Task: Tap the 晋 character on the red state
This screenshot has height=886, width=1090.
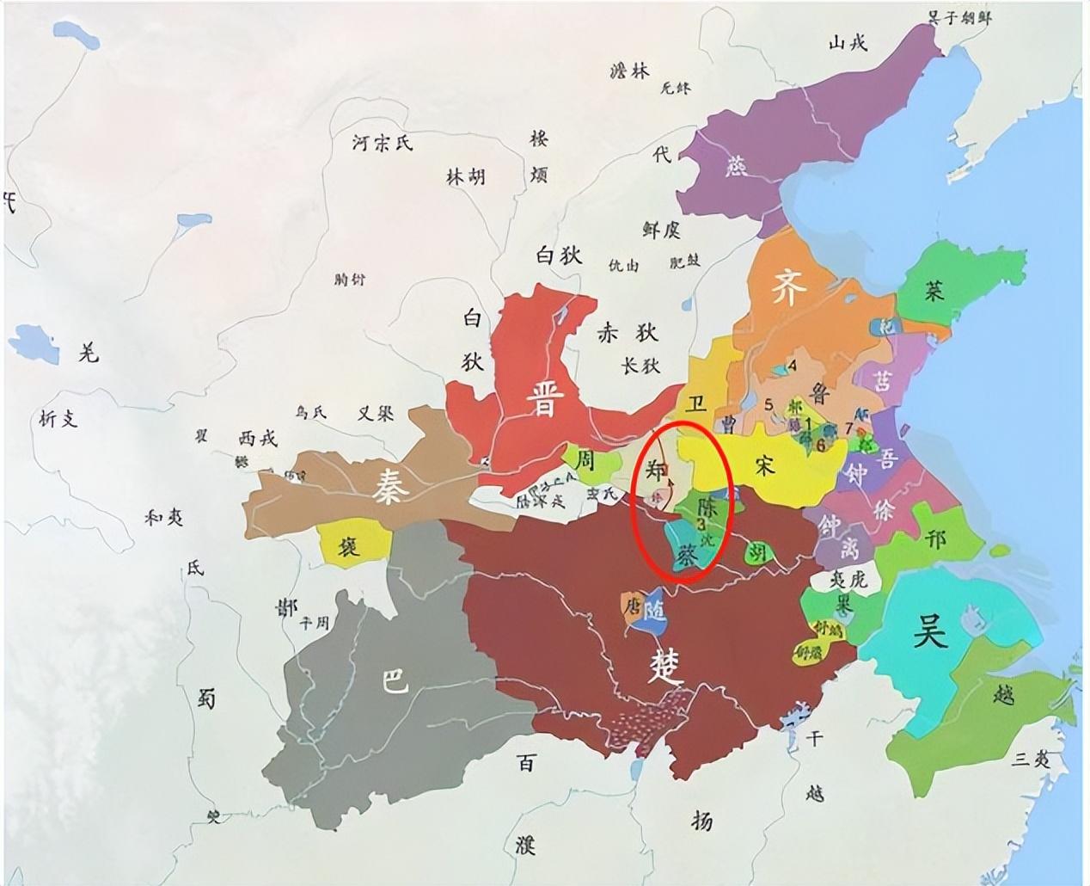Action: pos(542,398)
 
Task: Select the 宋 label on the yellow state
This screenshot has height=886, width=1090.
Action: pos(764,465)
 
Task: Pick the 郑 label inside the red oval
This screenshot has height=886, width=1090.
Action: pos(656,471)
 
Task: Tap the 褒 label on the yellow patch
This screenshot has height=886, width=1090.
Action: pos(349,545)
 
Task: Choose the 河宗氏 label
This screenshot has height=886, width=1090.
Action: pos(383,142)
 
